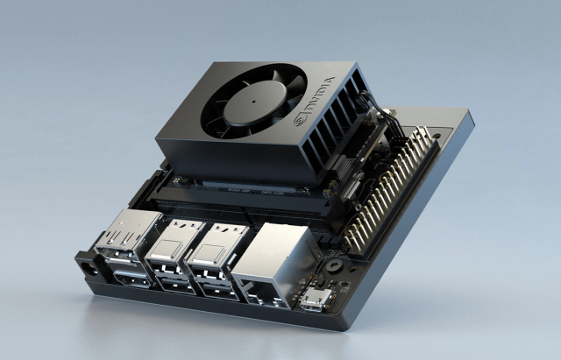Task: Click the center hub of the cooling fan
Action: pos(254,102)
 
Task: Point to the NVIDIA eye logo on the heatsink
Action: pos(301,120)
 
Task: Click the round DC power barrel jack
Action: pos(89,269)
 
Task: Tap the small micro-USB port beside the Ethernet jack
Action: pos(315,299)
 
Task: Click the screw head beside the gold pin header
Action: pos(333,265)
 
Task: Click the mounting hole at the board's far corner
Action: pos(437,136)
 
